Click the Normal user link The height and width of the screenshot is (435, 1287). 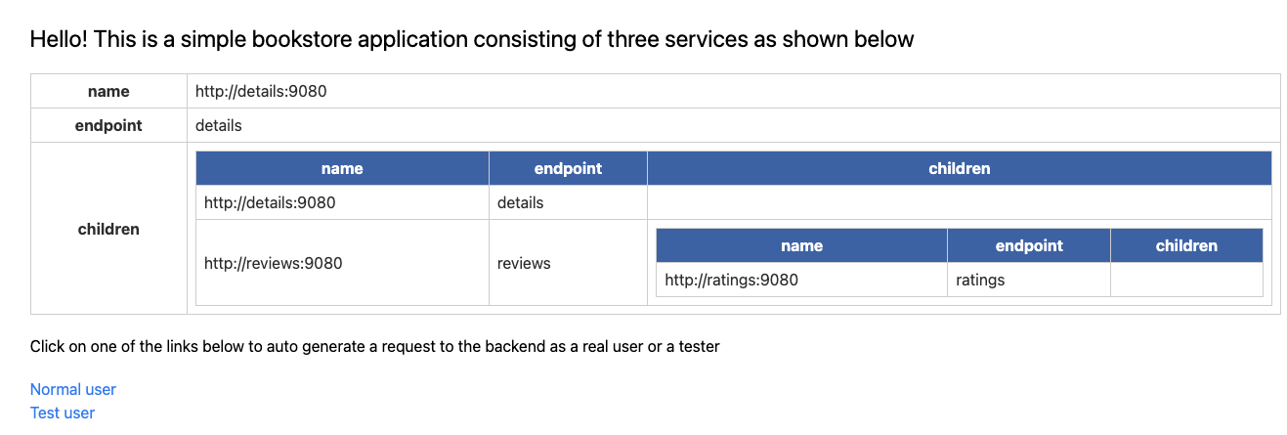click(73, 389)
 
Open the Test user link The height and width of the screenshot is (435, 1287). click(62, 413)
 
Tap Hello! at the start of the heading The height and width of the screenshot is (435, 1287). click(59, 39)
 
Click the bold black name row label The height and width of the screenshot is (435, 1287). click(108, 91)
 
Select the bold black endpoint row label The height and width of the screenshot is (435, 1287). click(108, 125)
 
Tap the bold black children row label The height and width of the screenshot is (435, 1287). click(108, 229)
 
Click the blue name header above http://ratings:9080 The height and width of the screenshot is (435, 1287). click(801, 245)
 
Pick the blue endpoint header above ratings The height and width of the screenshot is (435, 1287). click(1029, 245)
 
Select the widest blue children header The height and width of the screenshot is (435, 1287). click(960, 168)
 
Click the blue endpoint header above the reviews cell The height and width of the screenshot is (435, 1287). click(568, 168)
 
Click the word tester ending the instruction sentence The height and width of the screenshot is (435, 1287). click(699, 346)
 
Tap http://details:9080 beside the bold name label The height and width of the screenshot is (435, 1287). click(261, 91)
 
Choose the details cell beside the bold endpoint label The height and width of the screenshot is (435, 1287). click(218, 125)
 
